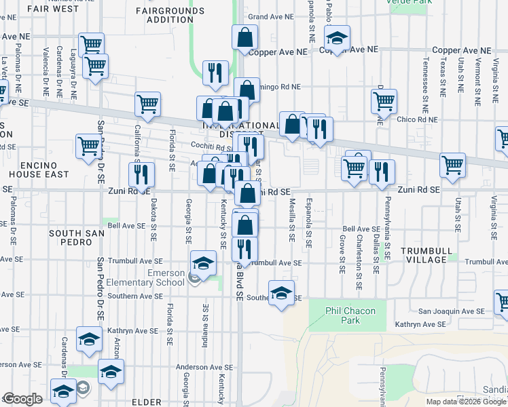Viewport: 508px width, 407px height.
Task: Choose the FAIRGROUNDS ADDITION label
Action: pos(164,15)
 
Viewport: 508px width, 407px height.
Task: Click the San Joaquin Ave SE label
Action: pos(451,311)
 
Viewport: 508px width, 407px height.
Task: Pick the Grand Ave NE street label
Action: pos(270,16)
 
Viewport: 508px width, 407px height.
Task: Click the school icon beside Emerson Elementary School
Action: pos(203,263)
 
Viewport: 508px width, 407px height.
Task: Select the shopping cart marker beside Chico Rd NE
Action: pos(384,102)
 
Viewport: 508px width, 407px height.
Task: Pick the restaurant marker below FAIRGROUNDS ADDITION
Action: pos(215,73)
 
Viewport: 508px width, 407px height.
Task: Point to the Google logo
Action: pos(22,399)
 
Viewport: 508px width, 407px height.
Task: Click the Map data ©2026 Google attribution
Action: pos(466,402)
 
